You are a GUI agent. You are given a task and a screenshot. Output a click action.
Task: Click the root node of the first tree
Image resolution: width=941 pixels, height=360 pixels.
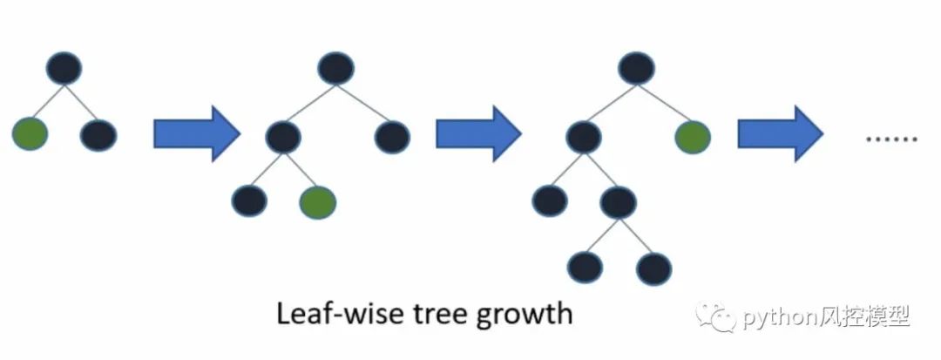pyautogui.click(x=64, y=68)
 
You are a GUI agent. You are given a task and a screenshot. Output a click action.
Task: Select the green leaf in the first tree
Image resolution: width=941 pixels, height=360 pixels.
pyautogui.click(x=30, y=135)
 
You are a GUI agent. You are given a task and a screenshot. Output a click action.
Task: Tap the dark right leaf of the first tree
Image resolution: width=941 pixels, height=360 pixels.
pyautogui.click(x=98, y=135)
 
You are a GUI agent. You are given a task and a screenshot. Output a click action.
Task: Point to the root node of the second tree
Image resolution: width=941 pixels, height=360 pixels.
pyautogui.click(x=335, y=68)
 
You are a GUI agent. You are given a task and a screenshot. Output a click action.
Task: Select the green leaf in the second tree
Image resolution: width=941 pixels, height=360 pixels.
pyautogui.click(x=317, y=201)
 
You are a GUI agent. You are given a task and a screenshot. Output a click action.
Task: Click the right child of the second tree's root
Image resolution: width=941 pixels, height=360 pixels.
pyautogui.click(x=392, y=136)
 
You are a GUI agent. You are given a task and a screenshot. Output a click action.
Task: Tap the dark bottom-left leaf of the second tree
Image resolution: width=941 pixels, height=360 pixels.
pyautogui.click(x=250, y=201)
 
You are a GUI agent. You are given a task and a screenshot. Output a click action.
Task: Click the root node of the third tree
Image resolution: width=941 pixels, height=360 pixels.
pyautogui.click(x=637, y=68)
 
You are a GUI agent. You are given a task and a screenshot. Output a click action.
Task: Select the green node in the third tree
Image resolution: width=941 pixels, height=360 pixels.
pyautogui.click(x=693, y=136)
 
